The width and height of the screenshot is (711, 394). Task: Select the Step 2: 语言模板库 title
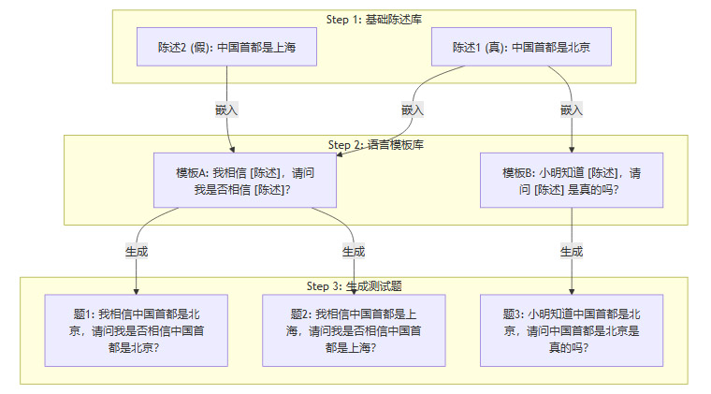coord(375,144)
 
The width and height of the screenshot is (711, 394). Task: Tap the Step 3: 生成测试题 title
coord(360,285)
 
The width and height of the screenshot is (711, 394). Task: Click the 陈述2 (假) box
coord(227,48)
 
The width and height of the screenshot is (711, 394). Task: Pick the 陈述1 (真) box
coord(520,48)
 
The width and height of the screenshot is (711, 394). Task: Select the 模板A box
coord(244,182)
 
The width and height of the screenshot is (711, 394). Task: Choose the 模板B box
coord(572,182)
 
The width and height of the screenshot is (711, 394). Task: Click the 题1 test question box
coord(137,330)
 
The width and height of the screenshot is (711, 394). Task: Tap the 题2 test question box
coord(354,330)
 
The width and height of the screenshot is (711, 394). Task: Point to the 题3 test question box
coord(572,330)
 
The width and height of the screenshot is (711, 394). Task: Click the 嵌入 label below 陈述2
coord(227,109)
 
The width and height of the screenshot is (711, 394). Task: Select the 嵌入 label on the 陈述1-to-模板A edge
coord(413,109)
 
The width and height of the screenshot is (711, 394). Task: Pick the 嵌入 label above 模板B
coord(572,109)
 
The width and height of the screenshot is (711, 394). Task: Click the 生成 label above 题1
coord(137,252)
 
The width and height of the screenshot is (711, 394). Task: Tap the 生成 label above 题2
coord(354,252)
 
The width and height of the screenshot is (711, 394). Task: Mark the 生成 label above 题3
coord(572,252)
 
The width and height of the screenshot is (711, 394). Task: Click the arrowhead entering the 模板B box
coord(572,149)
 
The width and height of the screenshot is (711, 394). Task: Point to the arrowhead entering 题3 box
coord(572,290)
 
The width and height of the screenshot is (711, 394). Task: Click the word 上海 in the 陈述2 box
coord(283,48)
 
